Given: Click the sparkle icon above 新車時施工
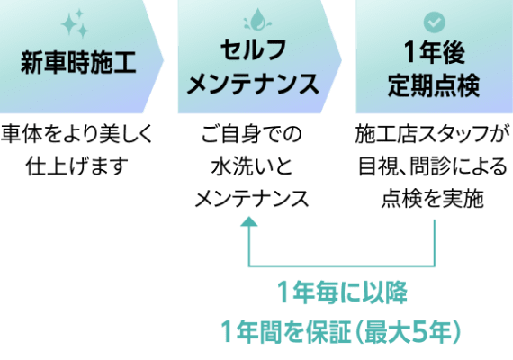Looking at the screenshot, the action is point(76,24).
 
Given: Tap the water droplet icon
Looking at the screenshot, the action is point(257,19).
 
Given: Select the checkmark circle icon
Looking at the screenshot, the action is point(434,22).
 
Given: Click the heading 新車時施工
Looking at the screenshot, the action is point(78,62).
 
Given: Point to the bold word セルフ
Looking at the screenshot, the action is point(254,50).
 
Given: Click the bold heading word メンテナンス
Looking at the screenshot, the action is point(253,85).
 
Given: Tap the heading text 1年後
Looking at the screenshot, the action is point(434,52).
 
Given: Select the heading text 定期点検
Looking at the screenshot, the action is point(434,85).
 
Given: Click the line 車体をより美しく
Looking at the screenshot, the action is point(76,133).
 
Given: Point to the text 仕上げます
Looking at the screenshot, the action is point(76,166).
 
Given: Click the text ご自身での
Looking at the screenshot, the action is point(251,134).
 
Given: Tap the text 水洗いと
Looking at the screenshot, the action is point(252,166).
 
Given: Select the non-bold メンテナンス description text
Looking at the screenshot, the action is point(252,199).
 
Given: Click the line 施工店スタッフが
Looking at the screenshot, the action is point(433,133).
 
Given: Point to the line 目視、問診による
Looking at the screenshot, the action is point(433,166).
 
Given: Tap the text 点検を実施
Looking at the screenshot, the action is point(433,199).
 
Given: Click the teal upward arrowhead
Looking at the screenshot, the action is point(249,221).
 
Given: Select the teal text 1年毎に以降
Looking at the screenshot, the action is point(342,292).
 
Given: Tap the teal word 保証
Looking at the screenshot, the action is point(328,332).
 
